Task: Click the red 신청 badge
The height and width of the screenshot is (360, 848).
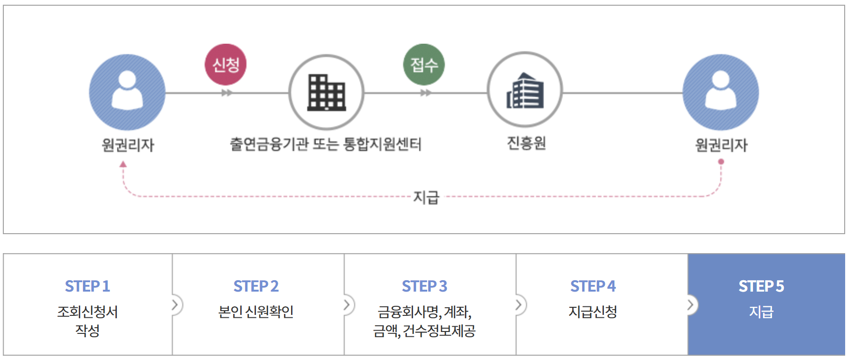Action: pyautogui.click(x=226, y=65)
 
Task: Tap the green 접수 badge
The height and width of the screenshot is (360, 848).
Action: pyautogui.click(x=424, y=65)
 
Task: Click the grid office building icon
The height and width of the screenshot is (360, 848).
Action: pyautogui.click(x=327, y=92)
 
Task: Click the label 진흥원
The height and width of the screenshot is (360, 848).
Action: pyautogui.click(x=526, y=143)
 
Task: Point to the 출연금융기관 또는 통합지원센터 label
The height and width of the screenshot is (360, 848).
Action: pyautogui.click(x=326, y=144)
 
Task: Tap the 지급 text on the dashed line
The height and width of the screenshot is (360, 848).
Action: pyautogui.click(x=426, y=197)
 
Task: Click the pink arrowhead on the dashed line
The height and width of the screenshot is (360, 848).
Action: pyautogui.click(x=123, y=164)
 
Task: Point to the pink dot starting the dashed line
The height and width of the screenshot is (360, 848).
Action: pyautogui.click(x=721, y=162)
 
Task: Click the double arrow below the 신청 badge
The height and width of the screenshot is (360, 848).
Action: pyautogui.click(x=227, y=93)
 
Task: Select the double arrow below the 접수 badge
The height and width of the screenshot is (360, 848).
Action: pyautogui.click(x=426, y=93)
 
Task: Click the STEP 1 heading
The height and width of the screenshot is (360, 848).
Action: pyautogui.click(x=87, y=286)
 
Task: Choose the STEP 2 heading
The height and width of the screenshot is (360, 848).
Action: pyautogui.click(x=256, y=286)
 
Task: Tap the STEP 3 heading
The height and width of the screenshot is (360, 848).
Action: pyautogui.click(x=424, y=286)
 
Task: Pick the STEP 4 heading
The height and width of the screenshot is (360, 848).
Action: pyautogui.click(x=593, y=286)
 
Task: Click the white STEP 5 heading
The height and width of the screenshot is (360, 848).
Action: pyautogui.click(x=761, y=286)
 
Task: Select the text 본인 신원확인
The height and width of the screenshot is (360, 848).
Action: pyautogui.click(x=256, y=312)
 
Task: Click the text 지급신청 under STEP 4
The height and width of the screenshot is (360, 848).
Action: pyautogui.click(x=593, y=312)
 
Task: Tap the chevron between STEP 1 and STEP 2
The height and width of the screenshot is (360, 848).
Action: pyautogui.click(x=175, y=304)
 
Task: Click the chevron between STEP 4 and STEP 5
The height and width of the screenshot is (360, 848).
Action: pyautogui.click(x=691, y=304)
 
